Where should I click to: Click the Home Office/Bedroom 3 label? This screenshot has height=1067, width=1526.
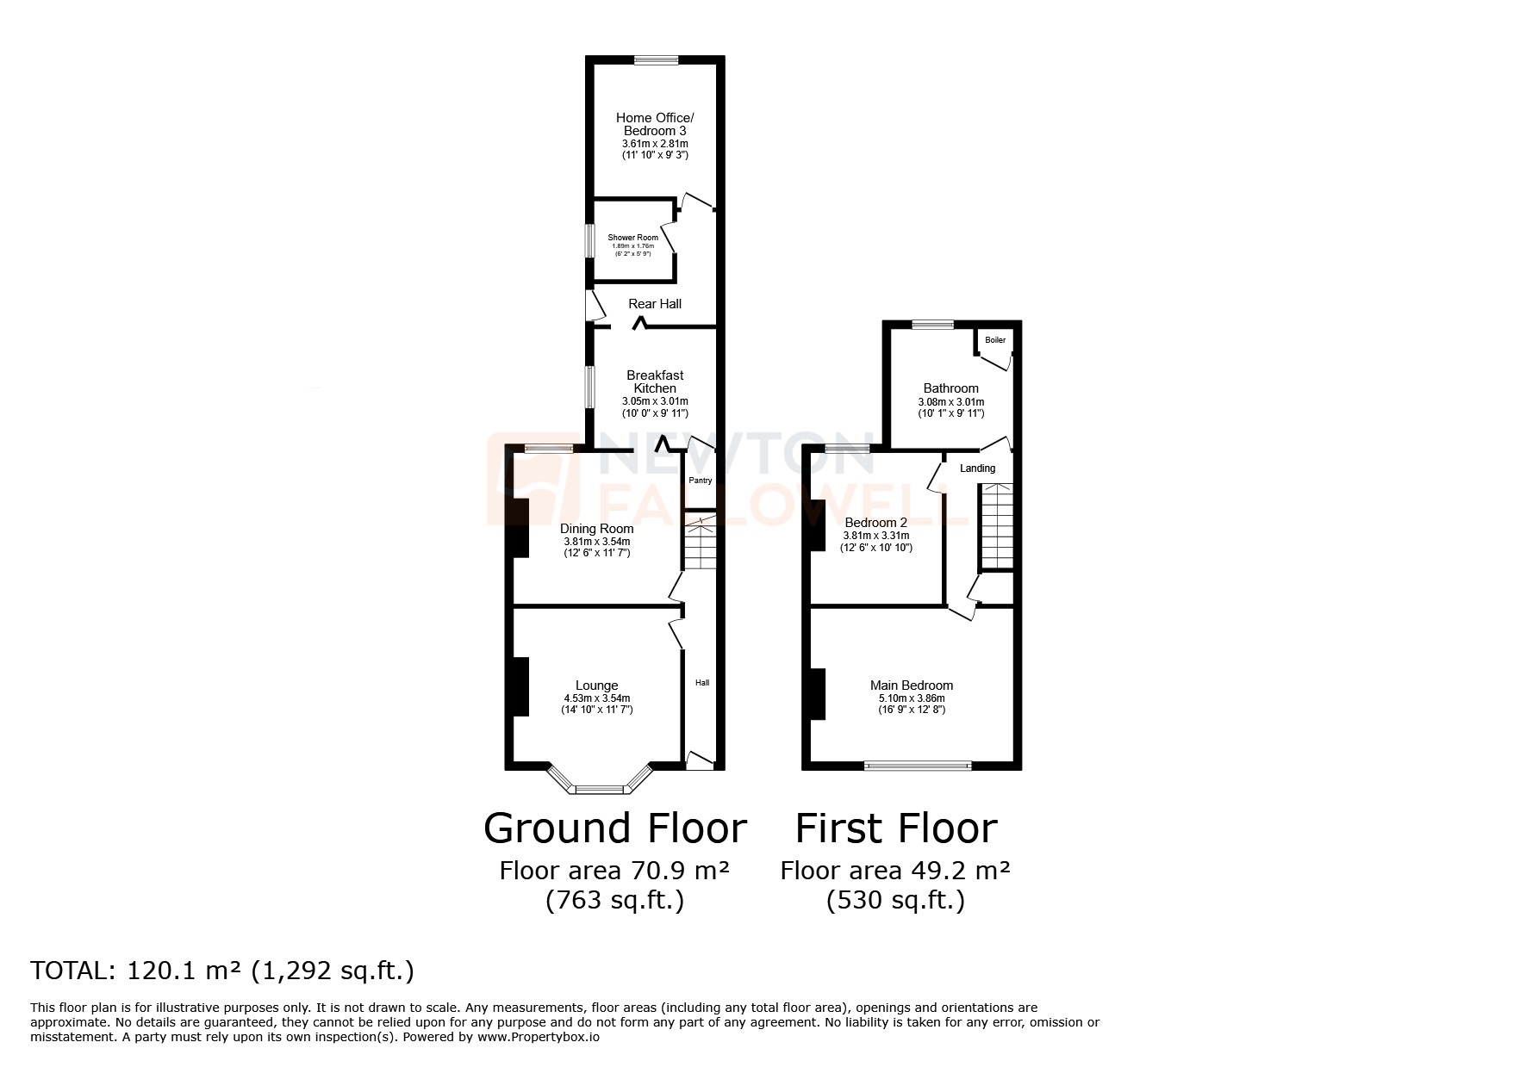(x=655, y=124)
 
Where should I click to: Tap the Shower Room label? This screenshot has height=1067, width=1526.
(x=632, y=238)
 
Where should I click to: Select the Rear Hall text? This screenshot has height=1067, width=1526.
(x=655, y=304)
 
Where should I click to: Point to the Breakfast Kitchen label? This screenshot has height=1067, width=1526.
(x=655, y=382)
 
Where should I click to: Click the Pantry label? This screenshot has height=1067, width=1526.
(x=700, y=481)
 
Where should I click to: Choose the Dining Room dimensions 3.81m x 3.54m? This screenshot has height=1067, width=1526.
(x=596, y=542)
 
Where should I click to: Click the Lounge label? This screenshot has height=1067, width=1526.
(x=596, y=686)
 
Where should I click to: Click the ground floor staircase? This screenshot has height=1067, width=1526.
(x=701, y=543)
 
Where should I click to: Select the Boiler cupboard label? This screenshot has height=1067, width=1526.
(x=995, y=340)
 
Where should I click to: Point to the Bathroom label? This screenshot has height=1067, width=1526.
(x=950, y=388)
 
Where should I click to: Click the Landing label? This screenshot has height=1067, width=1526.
(x=977, y=468)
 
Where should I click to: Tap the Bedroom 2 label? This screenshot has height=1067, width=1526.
(x=875, y=523)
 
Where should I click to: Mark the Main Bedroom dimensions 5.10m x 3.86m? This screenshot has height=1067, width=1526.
(x=912, y=698)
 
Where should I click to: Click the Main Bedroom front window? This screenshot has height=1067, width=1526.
(x=919, y=765)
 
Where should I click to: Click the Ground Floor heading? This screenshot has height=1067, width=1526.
(x=614, y=828)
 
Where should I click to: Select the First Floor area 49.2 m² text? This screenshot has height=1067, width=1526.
(x=895, y=871)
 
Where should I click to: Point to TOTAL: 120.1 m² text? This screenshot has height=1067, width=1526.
(x=222, y=971)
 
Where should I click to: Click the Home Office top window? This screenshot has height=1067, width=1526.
(x=656, y=60)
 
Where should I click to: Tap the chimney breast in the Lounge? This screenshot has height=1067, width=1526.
(x=520, y=686)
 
